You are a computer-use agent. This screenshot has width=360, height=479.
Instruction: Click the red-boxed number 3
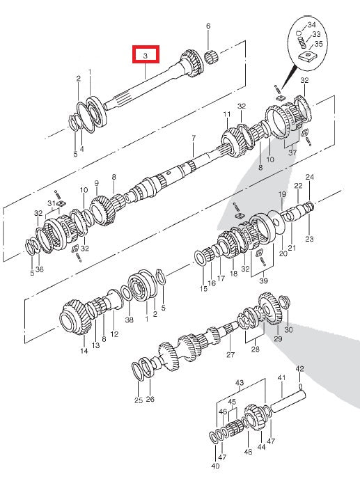pos(146,55)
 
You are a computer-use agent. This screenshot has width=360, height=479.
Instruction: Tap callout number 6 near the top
pos(208,26)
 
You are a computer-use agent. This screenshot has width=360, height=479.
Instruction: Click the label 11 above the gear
pos(226,113)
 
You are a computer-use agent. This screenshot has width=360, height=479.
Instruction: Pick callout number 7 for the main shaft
pos(194,139)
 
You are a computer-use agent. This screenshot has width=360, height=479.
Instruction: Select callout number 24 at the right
pos(309,177)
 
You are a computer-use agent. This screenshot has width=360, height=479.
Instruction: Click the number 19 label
pos(282,194)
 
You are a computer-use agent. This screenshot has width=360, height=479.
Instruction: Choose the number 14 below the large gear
pos(84,352)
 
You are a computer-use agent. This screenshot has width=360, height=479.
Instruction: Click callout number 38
pos(129,320)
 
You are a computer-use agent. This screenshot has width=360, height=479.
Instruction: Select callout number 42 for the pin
pos(299,368)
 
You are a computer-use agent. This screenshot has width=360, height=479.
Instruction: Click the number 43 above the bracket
pos(240,384)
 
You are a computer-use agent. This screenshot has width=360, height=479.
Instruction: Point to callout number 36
pos(40,269)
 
